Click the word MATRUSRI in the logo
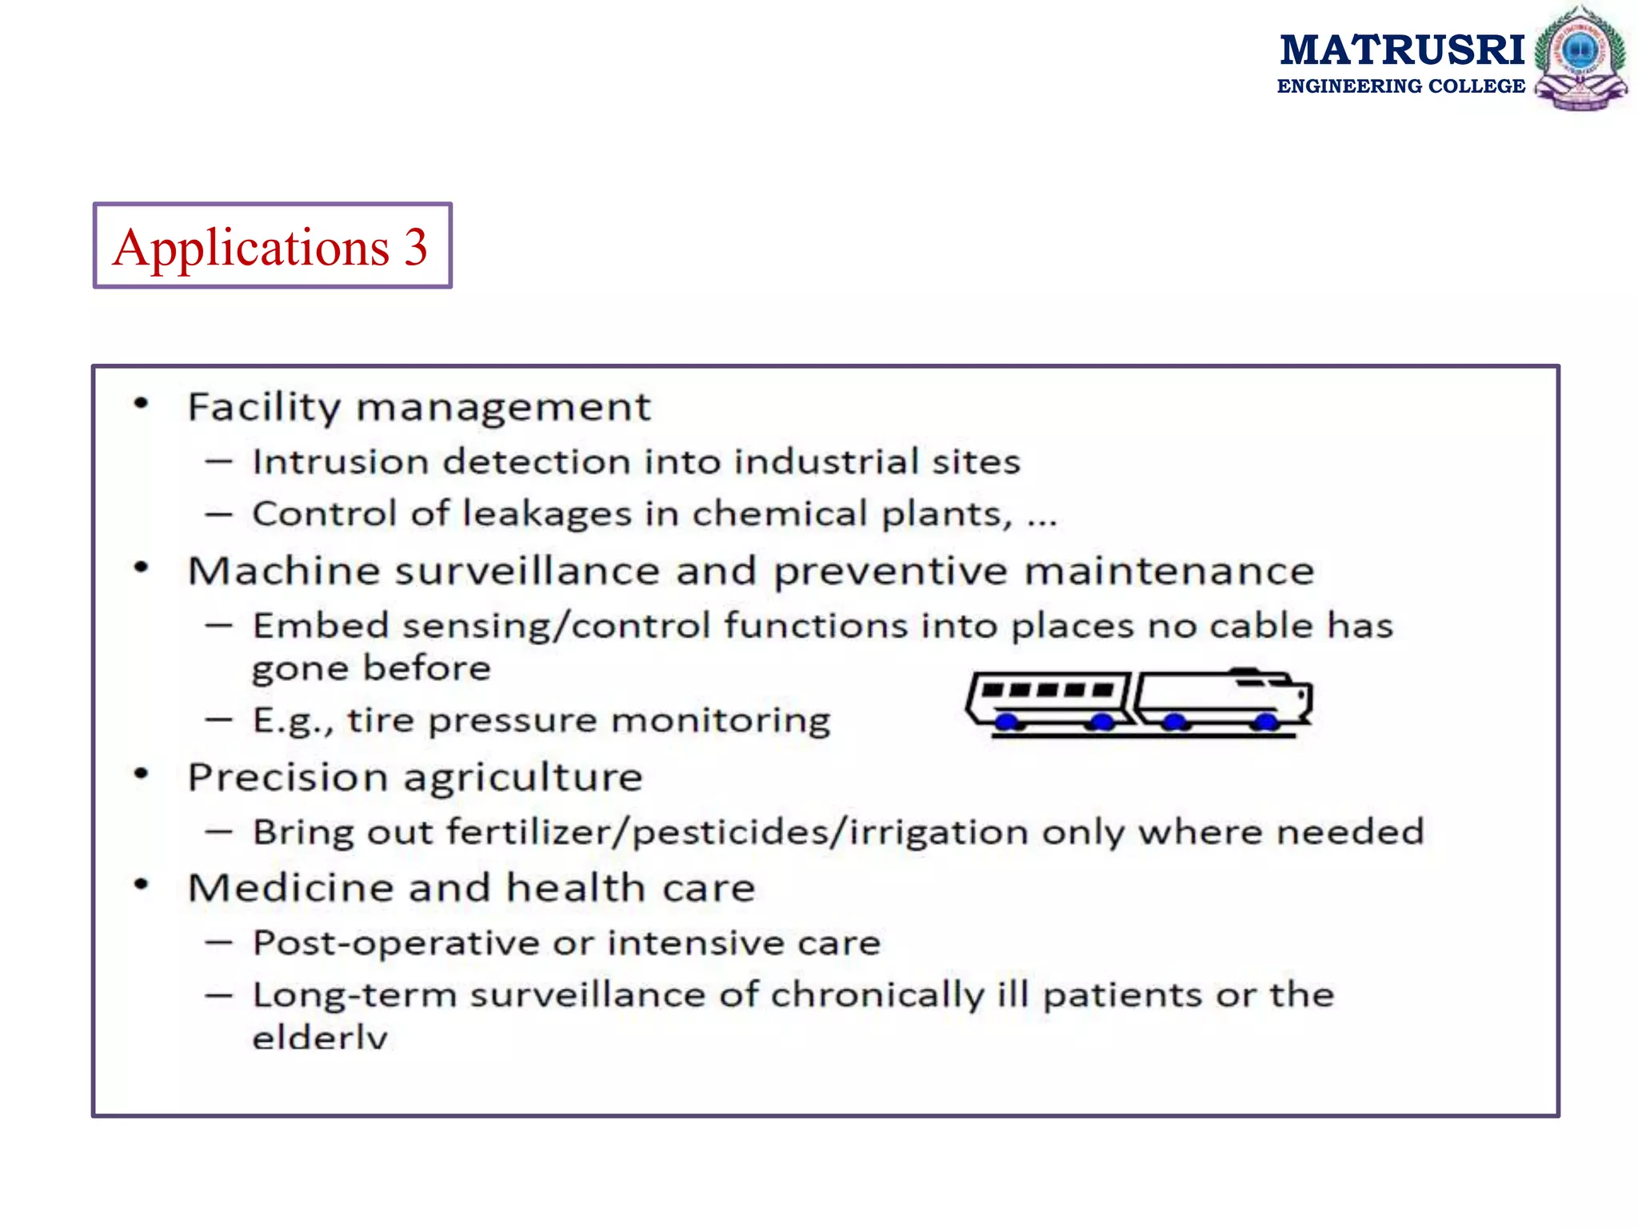[x=1402, y=50]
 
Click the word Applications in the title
[x=250, y=248]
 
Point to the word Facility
[x=264, y=408]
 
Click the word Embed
[x=321, y=625]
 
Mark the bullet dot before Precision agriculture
[x=142, y=774]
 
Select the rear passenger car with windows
[x=1049, y=699]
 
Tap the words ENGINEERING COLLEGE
[x=1400, y=86]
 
